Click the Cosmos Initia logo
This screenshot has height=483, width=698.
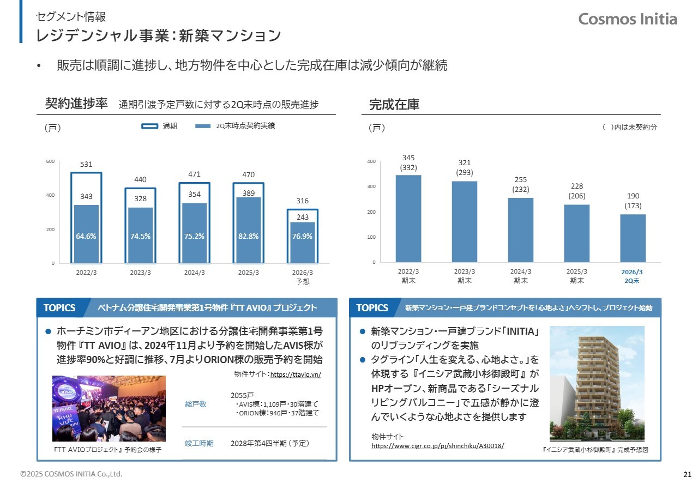[627, 19]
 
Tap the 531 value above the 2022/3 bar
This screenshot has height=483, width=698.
[86, 164]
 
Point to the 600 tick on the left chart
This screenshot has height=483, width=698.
[50, 161]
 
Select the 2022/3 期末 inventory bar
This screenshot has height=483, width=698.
[408, 218]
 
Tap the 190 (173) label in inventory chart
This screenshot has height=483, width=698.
[633, 201]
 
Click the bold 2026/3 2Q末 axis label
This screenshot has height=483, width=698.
[633, 276]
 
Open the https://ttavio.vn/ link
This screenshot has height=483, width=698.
[296, 375]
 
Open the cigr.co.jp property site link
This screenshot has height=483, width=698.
[437, 445]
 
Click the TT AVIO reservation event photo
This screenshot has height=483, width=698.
[109, 408]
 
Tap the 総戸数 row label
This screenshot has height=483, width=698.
[196, 404]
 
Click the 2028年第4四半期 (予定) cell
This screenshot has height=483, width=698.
[270, 443]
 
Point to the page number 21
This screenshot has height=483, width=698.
[687, 474]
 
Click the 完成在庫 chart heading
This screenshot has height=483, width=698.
[394, 104]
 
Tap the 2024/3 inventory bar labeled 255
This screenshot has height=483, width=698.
[520, 230]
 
